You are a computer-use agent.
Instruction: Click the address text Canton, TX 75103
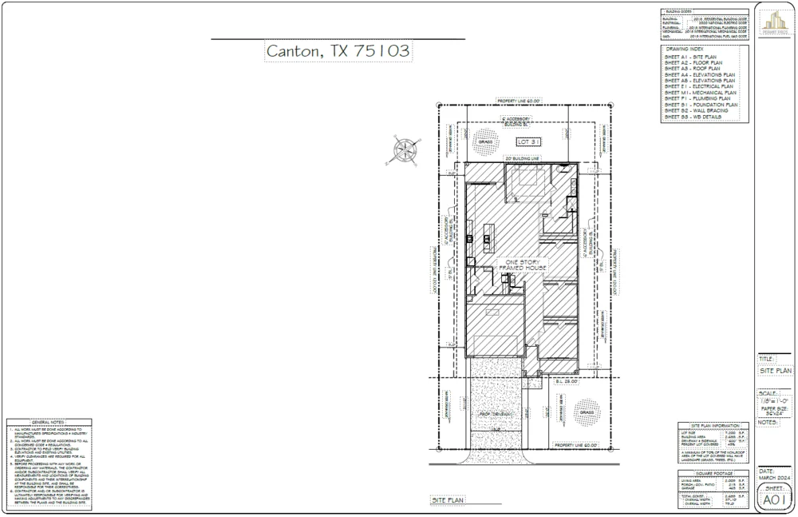(x=338, y=51)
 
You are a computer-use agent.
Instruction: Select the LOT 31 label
(x=529, y=141)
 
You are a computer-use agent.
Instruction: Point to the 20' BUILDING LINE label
(x=523, y=159)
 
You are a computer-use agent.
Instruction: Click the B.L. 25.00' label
(x=567, y=382)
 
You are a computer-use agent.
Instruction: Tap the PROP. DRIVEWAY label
(x=495, y=414)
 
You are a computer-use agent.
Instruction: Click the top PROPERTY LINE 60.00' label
(x=519, y=101)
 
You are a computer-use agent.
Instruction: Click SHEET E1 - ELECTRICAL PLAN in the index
(x=698, y=86)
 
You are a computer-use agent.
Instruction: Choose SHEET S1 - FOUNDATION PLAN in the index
(x=701, y=105)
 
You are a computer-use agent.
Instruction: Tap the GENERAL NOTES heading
(x=49, y=422)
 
